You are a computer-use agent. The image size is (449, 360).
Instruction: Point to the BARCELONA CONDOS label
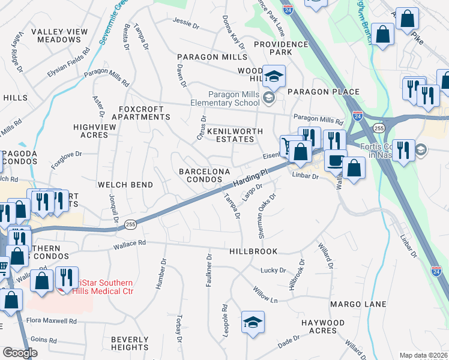click(205, 175)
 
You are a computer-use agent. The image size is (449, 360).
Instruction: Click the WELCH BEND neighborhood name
click(125, 185)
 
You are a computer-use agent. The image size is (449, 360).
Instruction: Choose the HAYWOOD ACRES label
click(323, 327)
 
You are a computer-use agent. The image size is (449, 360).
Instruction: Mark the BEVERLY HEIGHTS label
click(130, 343)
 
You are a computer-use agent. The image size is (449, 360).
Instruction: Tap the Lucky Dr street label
click(273, 270)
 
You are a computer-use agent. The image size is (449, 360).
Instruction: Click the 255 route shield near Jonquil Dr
click(130, 224)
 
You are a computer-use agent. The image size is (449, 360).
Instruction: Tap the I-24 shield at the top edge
click(288, 10)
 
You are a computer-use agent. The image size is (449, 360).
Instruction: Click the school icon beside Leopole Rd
click(253, 322)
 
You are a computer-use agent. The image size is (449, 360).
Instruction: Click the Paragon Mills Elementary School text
click(234, 98)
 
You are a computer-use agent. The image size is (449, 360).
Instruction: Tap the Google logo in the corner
click(20, 353)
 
